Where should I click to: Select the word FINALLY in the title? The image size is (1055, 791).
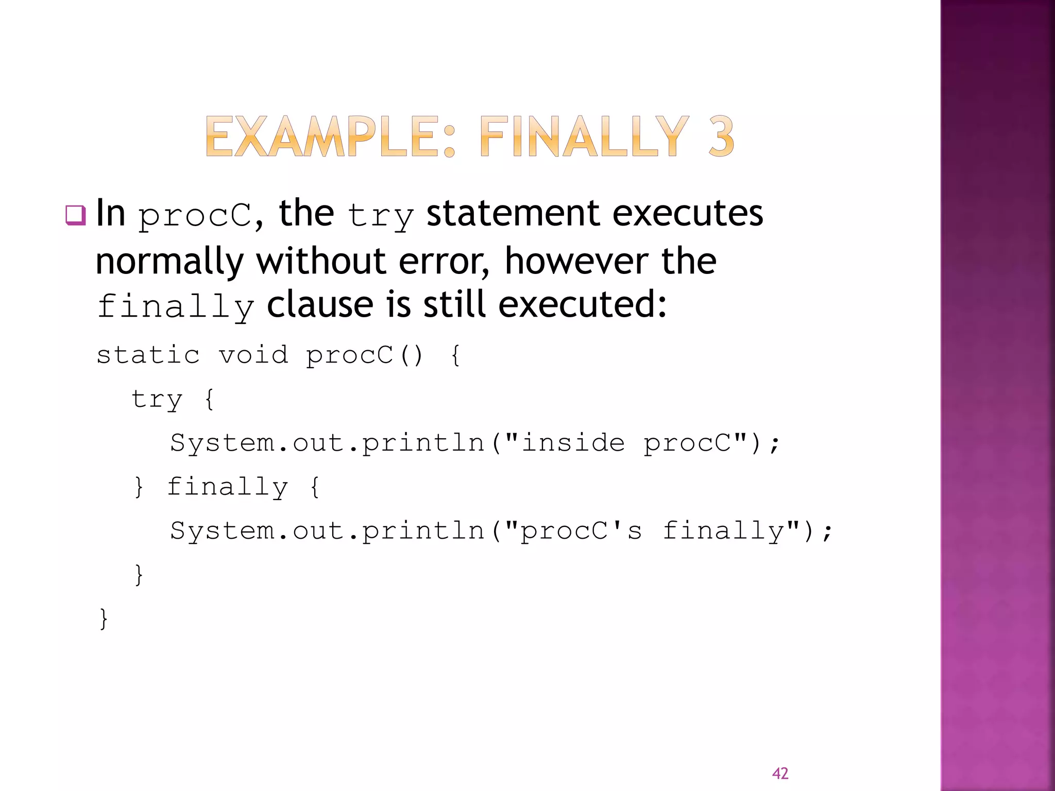point(584,136)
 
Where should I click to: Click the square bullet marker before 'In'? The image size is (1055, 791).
point(75,215)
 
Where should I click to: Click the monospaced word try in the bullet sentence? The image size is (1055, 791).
point(380,216)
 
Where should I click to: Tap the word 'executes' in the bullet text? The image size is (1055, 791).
point(688,213)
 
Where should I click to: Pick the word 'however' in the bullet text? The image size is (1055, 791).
point(576,261)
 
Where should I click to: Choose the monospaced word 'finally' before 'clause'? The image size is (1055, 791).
point(176,307)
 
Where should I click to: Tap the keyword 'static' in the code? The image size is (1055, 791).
point(148,355)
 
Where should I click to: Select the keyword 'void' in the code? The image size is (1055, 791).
point(253,355)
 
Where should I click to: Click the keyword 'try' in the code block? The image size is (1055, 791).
point(157,400)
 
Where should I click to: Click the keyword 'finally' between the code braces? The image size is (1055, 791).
point(227,487)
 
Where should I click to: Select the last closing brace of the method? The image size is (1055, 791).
point(104,618)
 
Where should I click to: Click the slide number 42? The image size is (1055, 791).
point(780,773)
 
